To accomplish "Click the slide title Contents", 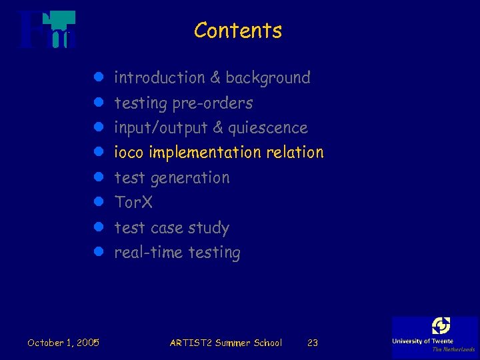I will (238, 31).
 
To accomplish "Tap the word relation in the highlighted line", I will (295, 153).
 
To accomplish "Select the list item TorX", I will (133, 202).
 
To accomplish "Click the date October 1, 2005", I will (63, 343).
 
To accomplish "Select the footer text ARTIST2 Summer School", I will (226, 343).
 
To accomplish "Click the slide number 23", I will (312, 343).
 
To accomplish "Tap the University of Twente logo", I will (435, 335).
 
